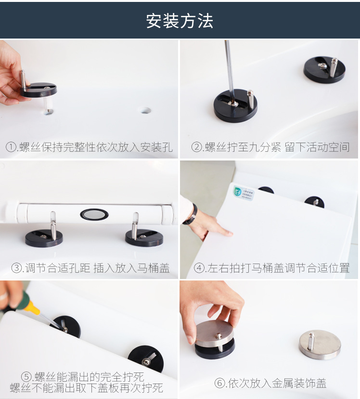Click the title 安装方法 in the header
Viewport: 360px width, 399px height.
[180, 21]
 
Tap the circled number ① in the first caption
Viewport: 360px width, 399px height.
[11, 147]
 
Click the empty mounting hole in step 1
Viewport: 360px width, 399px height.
[145, 110]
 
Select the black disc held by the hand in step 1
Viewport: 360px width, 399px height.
[39, 90]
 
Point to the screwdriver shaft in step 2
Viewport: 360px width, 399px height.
[230, 71]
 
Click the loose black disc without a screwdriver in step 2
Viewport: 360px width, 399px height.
[324, 69]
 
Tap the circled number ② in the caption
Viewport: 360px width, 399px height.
[196, 147]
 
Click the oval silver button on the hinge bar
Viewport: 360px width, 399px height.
[94, 214]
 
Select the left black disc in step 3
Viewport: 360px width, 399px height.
[44, 238]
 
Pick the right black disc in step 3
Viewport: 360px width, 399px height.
[144, 238]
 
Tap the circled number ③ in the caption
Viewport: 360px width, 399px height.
[17, 268]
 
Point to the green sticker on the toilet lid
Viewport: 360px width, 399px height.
[244, 193]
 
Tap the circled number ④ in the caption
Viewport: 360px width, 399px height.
[199, 268]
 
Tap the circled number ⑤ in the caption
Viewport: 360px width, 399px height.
[26, 377]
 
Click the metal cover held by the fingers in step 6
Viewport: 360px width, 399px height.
[215, 334]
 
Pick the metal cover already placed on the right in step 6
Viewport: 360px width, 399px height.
[320, 345]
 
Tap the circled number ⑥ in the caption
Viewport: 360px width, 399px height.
[220, 383]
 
